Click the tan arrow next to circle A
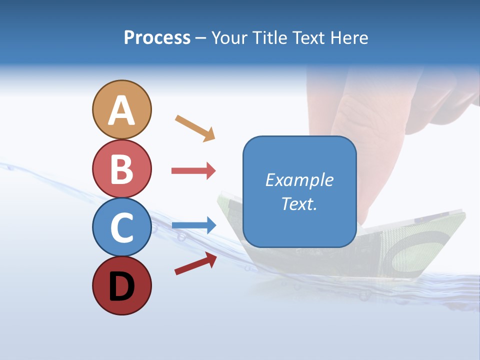point(195,128)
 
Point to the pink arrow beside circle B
point(193,170)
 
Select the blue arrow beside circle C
point(194,225)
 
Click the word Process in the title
point(157,37)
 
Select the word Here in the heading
point(348,37)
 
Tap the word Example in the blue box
point(299,179)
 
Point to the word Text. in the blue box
point(299,203)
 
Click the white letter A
point(121,111)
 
